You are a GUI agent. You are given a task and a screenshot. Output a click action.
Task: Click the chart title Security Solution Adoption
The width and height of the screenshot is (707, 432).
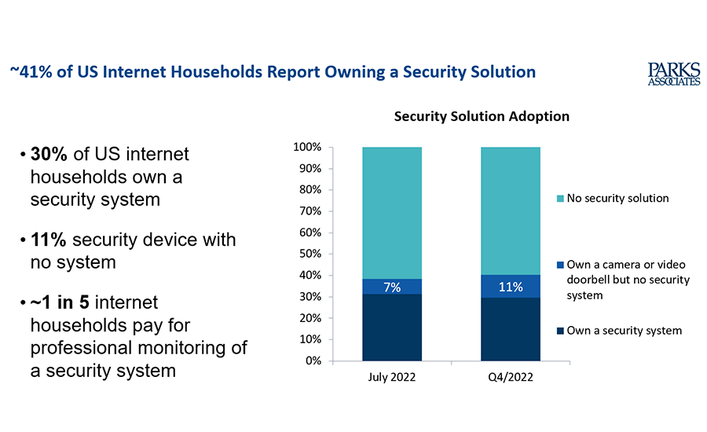482,116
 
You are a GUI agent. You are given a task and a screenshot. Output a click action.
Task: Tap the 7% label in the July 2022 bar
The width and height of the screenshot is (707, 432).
392,287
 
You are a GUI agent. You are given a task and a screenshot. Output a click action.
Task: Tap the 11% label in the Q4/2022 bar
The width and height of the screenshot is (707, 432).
510,287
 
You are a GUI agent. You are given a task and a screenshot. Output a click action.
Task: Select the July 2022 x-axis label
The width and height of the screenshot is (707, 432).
392,378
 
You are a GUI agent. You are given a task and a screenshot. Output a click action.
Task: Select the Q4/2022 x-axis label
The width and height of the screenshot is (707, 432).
510,378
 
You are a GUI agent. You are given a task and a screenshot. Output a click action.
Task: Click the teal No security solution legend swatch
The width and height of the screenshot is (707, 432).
559,199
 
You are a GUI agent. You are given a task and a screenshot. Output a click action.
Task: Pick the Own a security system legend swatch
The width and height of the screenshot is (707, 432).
559,331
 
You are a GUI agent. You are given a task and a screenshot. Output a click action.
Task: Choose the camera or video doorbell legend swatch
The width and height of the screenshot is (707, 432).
559,265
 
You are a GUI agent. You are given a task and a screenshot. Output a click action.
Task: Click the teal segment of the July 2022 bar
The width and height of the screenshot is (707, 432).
392,212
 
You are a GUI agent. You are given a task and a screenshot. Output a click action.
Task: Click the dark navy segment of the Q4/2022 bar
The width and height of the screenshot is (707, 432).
510,330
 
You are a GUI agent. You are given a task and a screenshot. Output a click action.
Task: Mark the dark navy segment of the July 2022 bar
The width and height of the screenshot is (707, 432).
392,328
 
